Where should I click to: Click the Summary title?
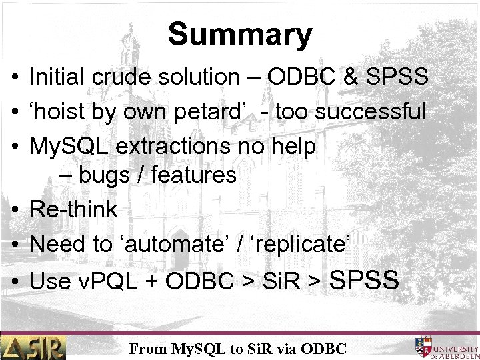239,34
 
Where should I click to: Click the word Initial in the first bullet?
52,77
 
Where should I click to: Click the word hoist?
64,111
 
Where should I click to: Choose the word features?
194,175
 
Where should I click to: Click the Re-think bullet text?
73,209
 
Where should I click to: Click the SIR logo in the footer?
33,347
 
